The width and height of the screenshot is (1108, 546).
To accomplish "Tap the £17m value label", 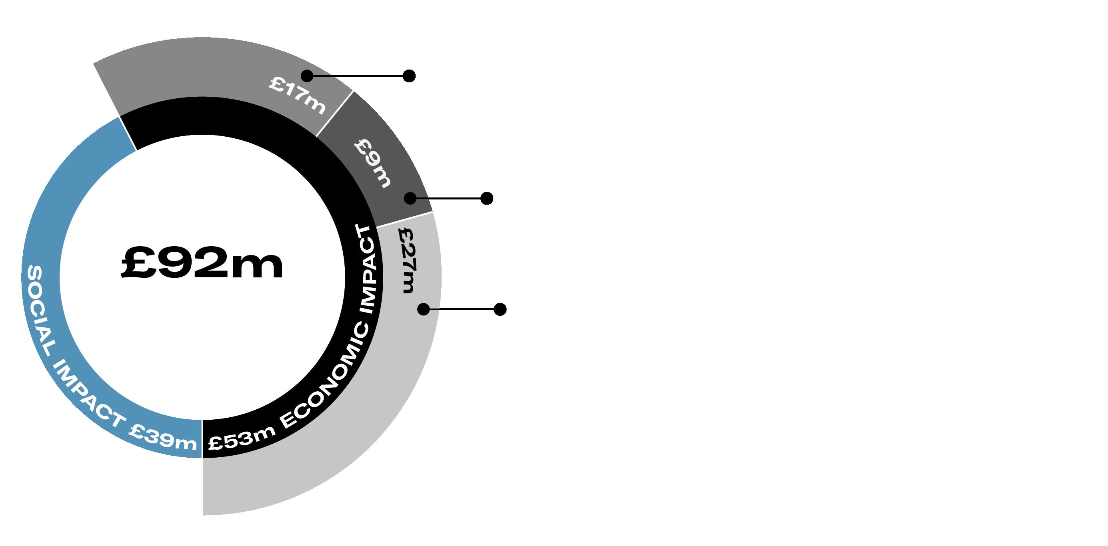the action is pyautogui.click(x=297, y=95).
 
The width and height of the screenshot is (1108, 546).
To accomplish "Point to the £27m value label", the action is pyautogui.click(x=407, y=260).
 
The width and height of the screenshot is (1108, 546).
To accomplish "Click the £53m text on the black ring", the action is pyautogui.click(x=242, y=438).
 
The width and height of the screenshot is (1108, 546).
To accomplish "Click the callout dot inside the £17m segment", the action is pyautogui.click(x=307, y=76).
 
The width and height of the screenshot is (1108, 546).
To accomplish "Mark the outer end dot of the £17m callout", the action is pyautogui.click(x=409, y=76).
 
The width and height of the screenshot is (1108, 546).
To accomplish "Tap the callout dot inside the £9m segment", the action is pyautogui.click(x=410, y=198).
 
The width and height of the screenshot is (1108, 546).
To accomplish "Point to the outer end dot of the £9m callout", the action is pyautogui.click(x=486, y=198).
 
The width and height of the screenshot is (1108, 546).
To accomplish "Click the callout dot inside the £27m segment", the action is pyautogui.click(x=424, y=309).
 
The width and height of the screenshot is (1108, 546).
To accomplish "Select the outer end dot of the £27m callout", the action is pyautogui.click(x=500, y=309).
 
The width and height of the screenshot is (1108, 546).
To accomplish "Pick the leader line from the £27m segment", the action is pyautogui.click(x=462, y=309).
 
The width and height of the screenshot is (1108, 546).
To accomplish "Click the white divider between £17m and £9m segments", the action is pyautogui.click(x=335, y=114).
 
